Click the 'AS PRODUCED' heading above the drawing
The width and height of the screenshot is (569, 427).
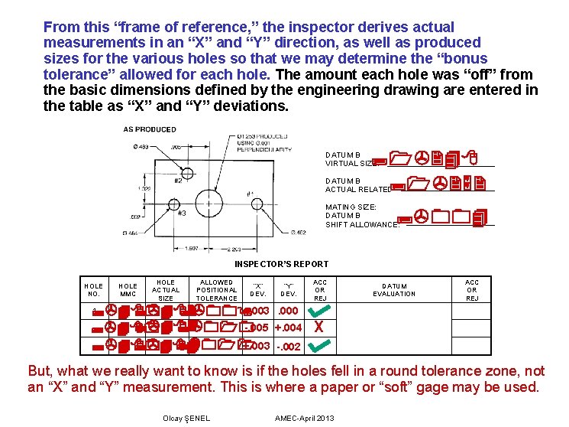pos(150,129)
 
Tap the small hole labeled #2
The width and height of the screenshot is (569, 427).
pos(186,170)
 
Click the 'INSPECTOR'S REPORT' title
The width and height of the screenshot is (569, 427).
pos(281,264)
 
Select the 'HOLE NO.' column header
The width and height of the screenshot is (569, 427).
pos(93,289)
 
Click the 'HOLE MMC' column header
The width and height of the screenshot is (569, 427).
pos(128,289)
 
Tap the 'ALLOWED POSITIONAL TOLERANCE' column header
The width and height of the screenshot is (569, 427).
pos(217,289)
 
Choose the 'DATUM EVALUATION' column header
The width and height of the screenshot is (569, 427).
pos(394,289)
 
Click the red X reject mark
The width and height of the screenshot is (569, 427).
pos(319,328)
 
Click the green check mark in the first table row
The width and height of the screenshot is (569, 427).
pos(321,311)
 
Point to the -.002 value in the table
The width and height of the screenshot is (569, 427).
pos(289,346)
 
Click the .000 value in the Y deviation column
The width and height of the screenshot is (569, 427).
pos(289,311)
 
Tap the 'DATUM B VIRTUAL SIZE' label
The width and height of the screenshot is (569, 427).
pos(348,159)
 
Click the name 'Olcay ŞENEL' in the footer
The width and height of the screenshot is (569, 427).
pos(186,418)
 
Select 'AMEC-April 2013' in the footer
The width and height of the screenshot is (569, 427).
pos(304,418)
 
